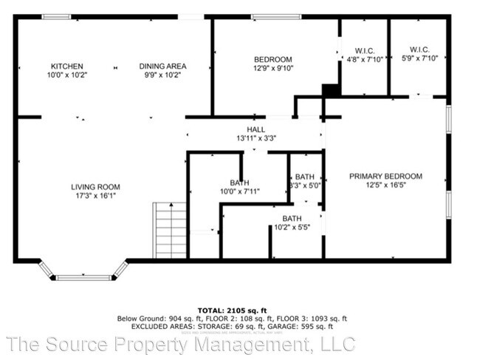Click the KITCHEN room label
[66, 67]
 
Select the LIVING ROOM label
[95, 187]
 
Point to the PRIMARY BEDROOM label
[385, 176]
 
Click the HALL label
[256, 129]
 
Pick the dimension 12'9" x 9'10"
[273, 69]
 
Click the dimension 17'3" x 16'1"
[95, 196]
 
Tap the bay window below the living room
[83, 277]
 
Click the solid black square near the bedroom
[331, 90]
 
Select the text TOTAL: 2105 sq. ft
[232, 310]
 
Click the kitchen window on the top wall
[56, 17]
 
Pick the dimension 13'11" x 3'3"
[256, 138]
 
